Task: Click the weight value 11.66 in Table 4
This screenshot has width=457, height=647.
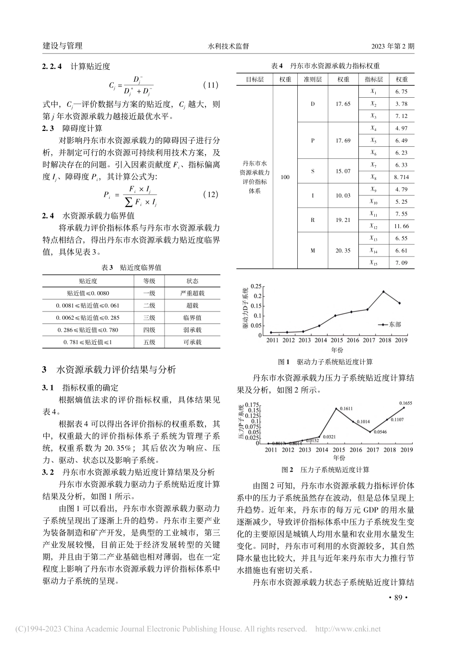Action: tap(401, 226)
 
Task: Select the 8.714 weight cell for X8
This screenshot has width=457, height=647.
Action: tap(401, 177)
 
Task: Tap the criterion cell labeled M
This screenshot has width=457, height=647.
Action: tap(313, 250)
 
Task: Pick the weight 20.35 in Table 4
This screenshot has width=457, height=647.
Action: tap(343, 250)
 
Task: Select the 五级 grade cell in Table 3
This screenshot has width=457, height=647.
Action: tap(149, 342)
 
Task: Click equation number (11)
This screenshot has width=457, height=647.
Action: tap(211, 85)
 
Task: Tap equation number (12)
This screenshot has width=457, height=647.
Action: tap(211, 194)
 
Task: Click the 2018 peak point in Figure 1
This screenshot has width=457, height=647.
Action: tap(383, 292)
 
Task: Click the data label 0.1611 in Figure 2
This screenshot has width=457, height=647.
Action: tap(346, 409)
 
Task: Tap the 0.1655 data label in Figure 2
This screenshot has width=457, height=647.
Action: tap(406, 402)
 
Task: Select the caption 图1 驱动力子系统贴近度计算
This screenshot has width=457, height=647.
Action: tap(325, 362)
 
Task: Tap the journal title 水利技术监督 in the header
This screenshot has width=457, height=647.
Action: tap(228, 46)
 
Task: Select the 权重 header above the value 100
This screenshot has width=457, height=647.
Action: tap(285, 79)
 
